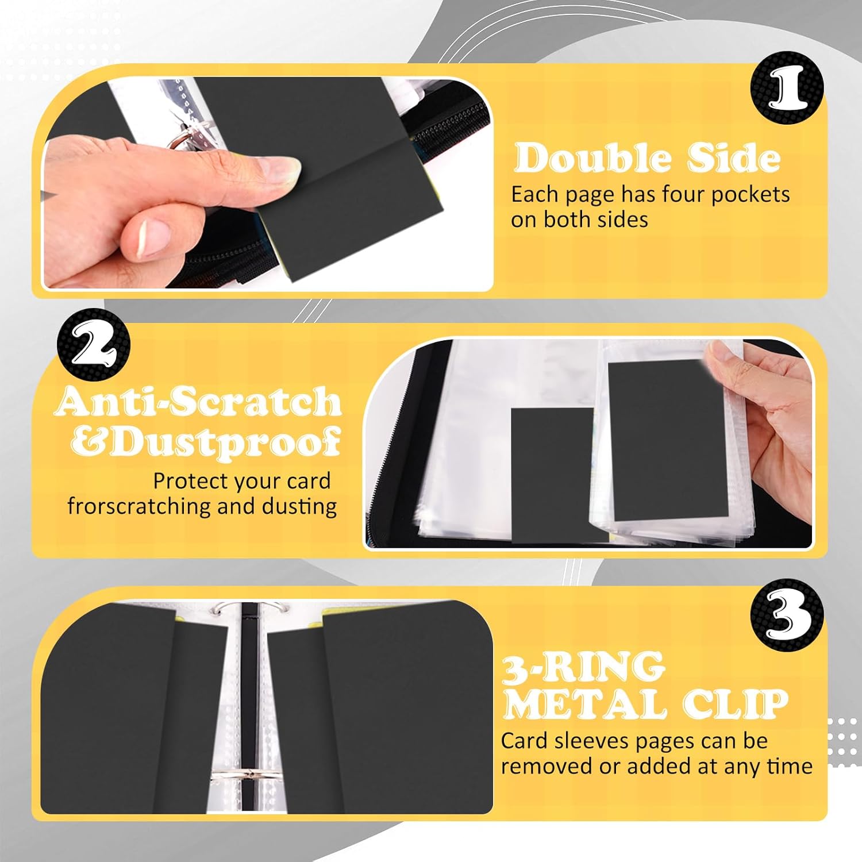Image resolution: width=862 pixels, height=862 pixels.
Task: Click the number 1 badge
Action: [787, 87]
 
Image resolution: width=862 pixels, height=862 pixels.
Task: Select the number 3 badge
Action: [787, 615]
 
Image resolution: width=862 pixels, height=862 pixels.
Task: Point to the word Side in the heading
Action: [734, 158]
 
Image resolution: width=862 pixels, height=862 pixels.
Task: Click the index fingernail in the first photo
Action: [280, 171]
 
